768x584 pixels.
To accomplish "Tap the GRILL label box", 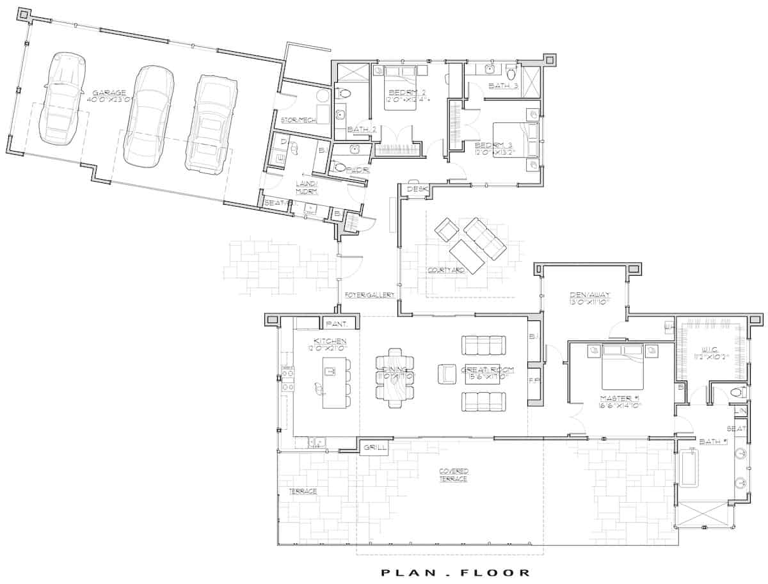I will [374, 448].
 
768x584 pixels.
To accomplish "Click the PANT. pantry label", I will [335, 324].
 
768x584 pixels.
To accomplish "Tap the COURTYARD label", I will [447, 271].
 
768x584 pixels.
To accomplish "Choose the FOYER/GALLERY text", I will [369, 295].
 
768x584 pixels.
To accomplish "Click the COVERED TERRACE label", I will [453, 475].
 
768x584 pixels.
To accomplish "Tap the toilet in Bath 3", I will [511, 71].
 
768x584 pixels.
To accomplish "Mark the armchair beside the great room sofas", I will [446, 373].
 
